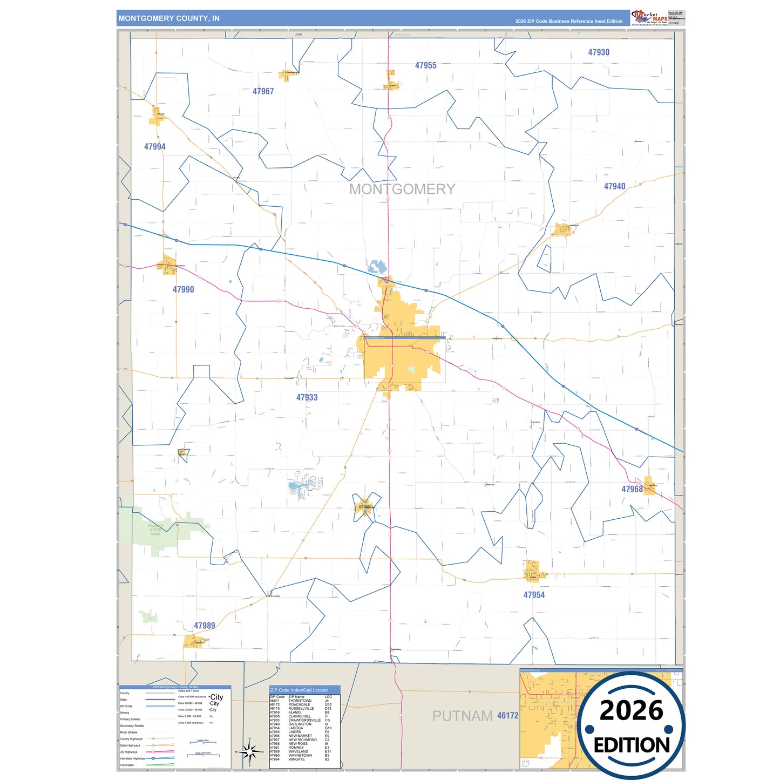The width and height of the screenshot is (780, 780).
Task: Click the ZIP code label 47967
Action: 263,92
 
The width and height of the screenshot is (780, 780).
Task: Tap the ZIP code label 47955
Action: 425,66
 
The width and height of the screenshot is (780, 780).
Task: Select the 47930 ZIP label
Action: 599,52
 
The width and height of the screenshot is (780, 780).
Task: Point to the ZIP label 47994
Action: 155,147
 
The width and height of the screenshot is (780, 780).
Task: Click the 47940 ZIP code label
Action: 614,186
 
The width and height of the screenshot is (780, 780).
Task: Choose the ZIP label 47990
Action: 183,289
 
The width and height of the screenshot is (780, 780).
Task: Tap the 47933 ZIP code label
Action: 307,397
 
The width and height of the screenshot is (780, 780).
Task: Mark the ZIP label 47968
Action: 632,489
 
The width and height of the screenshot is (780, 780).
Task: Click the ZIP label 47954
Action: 534,595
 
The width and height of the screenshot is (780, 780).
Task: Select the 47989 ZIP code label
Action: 205,626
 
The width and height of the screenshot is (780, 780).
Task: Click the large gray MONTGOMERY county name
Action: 402,189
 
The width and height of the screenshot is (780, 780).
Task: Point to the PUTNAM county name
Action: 462,716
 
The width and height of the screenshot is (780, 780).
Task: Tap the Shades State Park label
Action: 155,530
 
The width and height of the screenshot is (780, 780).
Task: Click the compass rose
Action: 249,751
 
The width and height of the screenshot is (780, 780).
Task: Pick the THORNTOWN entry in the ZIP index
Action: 300,701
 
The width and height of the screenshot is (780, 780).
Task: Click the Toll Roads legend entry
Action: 127,765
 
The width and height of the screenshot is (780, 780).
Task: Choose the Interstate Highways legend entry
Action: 132,758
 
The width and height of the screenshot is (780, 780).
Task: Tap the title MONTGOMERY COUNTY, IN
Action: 169,18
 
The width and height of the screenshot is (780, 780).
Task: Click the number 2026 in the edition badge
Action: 631,710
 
